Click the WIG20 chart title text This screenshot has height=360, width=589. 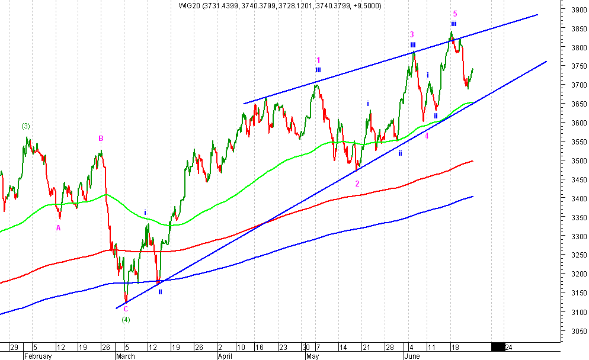[280, 6]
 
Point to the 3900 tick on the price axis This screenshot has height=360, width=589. [572, 10]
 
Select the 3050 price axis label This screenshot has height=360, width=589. [572, 331]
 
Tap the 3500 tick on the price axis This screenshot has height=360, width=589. [572, 161]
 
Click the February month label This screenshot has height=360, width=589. [39, 356]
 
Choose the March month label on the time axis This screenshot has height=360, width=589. [125, 356]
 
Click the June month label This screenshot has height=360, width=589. [412, 356]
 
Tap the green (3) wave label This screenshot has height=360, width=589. [26, 126]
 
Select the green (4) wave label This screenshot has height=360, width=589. [126, 320]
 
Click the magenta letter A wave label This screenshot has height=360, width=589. [59, 228]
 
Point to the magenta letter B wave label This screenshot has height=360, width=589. [101, 139]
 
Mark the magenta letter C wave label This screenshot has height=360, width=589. [126, 308]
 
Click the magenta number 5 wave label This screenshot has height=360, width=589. [454, 13]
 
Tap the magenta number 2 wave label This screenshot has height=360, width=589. [357, 184]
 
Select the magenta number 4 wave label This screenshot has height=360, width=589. [427, 136]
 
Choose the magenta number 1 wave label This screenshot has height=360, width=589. [318, 60]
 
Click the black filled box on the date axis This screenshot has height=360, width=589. [498, 347]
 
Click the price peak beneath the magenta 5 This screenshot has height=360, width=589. [452, 32]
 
